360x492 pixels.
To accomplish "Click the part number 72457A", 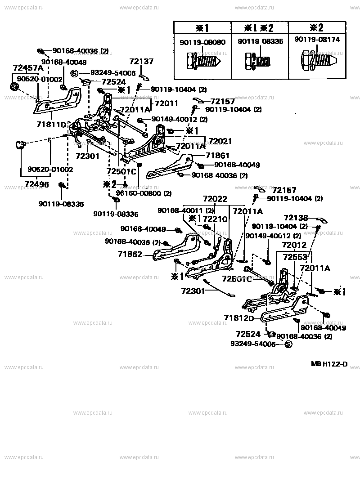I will [28, 68].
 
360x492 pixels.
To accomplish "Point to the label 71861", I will [218, 155].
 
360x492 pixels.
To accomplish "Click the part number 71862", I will [130, 254].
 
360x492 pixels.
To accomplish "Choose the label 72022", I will [215, 198].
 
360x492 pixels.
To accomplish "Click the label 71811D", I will [51, 124].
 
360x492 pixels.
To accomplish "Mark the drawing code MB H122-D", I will [329, 364].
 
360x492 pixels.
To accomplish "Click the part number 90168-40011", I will [180, 210].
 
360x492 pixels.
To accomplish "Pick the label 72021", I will [220, 141].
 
